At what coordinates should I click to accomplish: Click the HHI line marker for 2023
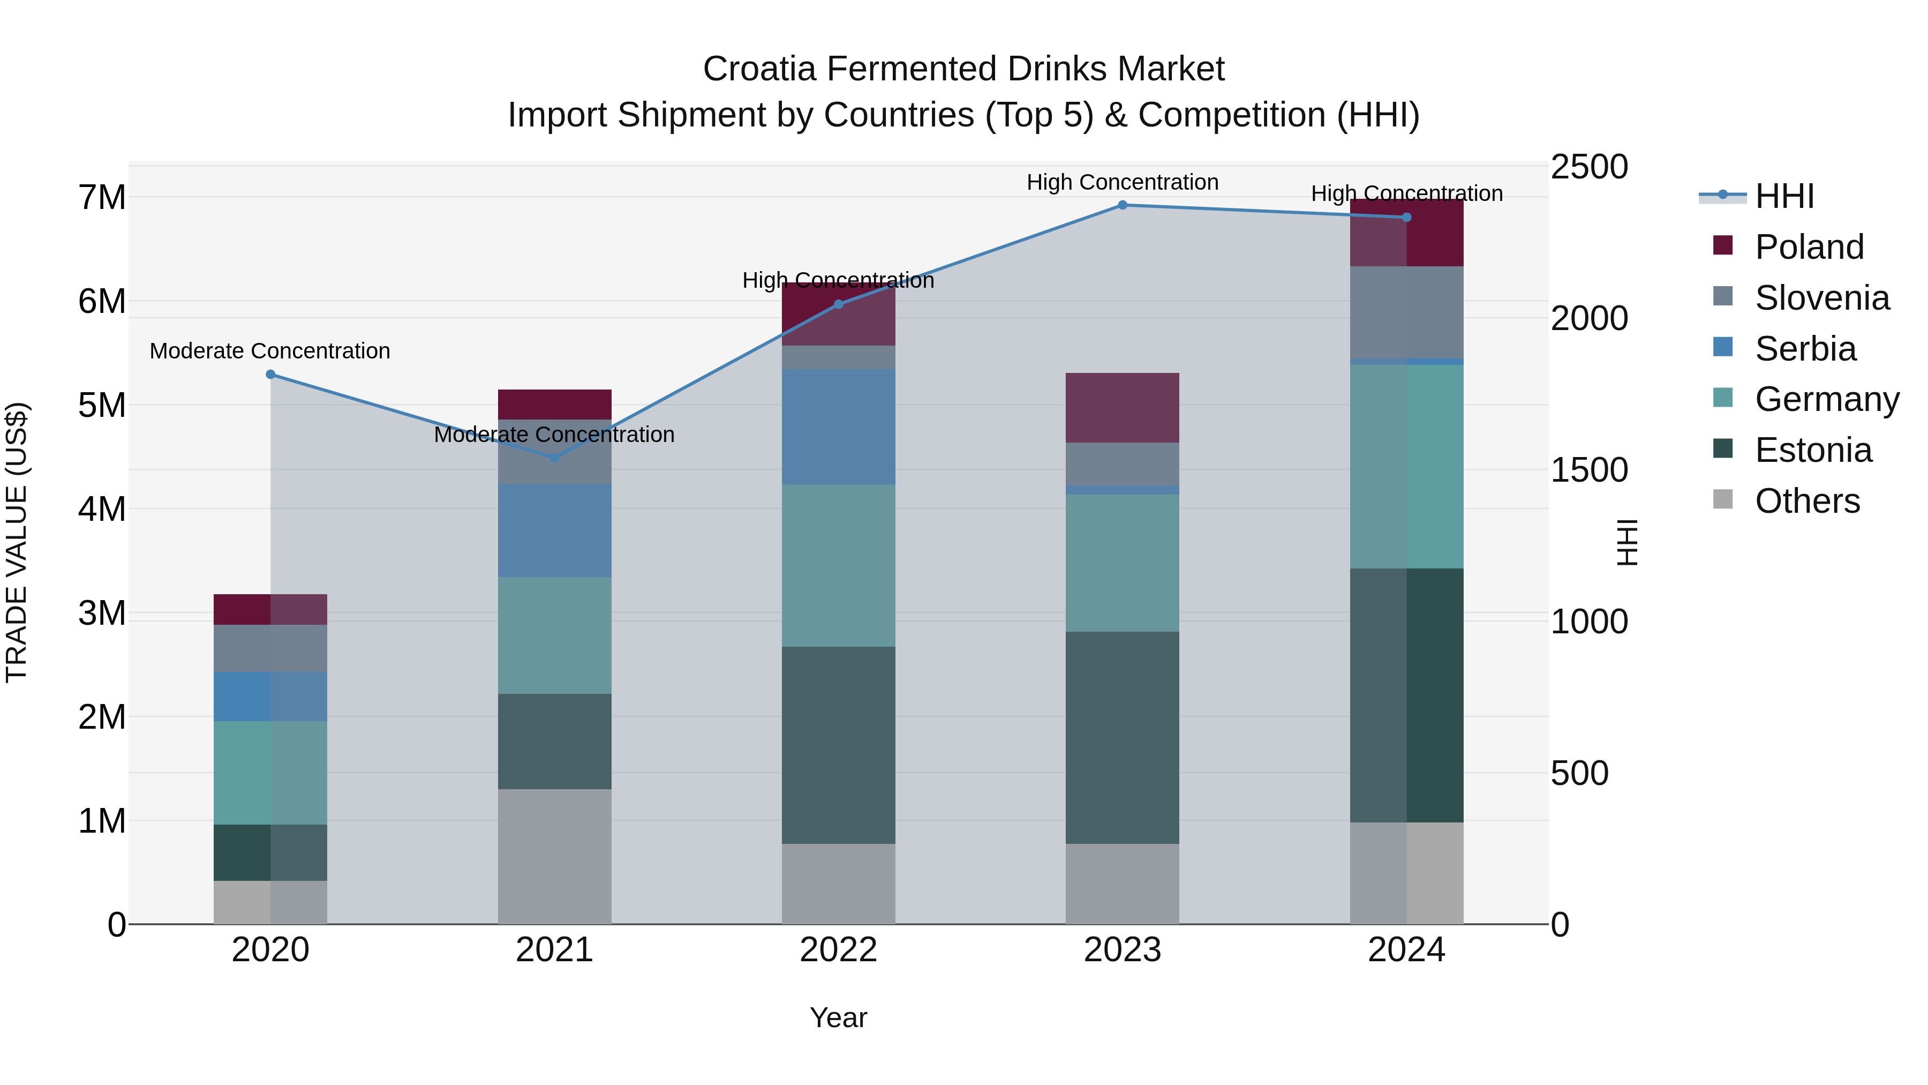pos(1122,205)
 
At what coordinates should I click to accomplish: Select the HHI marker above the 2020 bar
pos(271,375)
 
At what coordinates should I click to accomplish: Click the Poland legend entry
pos(1808,247)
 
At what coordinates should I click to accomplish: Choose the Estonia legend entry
pos(1813,450)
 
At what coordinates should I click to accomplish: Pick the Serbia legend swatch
pos(1723,347)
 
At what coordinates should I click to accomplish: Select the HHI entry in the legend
pos(1783,196)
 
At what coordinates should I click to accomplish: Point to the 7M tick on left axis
pos(102,198)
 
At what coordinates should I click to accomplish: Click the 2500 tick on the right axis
pos(1588,167)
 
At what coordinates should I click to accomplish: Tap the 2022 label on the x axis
pos(838,950)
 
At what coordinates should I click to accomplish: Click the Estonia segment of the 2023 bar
pos(1122,738)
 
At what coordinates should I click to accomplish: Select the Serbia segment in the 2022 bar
pos(838,427)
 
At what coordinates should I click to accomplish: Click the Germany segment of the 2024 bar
pos(1406,467)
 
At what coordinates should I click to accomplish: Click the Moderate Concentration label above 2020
pos(270,351)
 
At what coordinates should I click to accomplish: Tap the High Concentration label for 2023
pos(1122,182)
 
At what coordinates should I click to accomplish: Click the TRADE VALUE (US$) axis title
pos(17,543)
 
